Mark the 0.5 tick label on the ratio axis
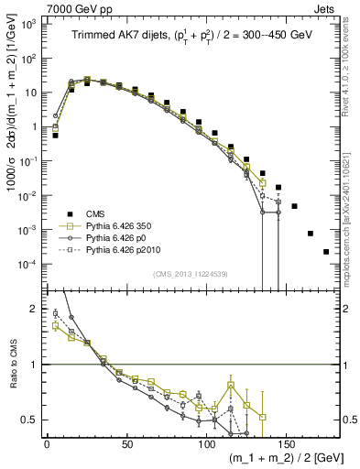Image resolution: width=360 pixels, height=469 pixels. point(32,420)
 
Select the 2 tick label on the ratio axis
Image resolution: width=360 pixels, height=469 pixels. point(37,309)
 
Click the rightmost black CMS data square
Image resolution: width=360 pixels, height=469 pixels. point(326,251)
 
